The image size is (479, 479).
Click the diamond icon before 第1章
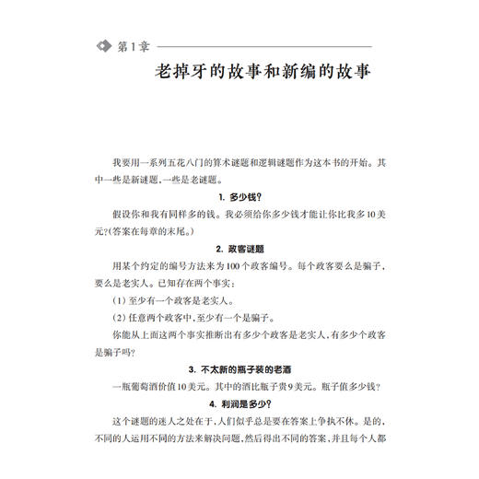pyautogui.click(x=102, y=46)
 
